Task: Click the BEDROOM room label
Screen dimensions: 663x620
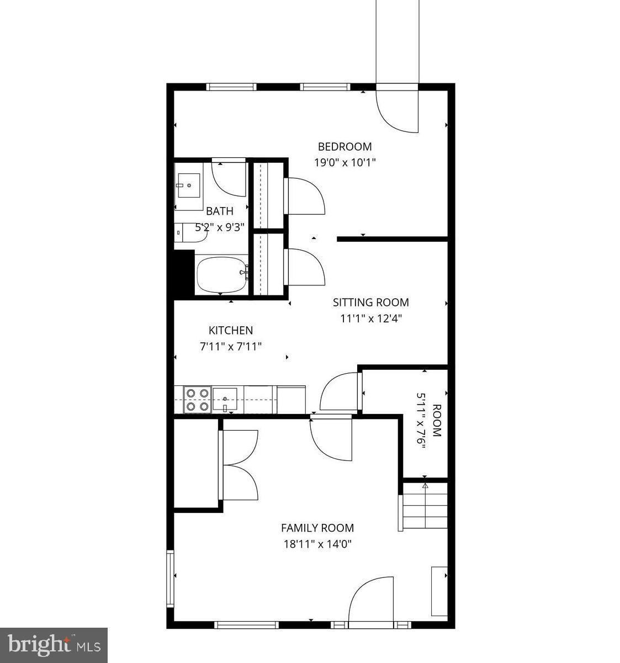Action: point(345,146)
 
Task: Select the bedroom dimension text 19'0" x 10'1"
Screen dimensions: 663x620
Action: point(345,163)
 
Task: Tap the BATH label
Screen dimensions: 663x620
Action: point(220,211)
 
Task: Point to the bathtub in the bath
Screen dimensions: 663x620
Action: point(222,274)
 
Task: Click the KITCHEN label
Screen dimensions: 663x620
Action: point(230,331)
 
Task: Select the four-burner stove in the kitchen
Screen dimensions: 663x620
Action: point(198,400)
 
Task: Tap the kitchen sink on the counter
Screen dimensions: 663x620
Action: point(225,399)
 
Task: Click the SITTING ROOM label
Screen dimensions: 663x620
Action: point(370,303)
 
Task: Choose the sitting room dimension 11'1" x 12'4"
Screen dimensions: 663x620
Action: point(370,319)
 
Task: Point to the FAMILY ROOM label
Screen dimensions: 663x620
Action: point(317,528)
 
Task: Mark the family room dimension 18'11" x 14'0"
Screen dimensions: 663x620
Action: point(317,544)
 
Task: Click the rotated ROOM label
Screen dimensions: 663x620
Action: point(436,421)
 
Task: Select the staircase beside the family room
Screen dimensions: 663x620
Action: point(424,506)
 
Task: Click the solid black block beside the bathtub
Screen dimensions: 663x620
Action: point(184,273)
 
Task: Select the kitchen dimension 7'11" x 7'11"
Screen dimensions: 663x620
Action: point(230,347)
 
